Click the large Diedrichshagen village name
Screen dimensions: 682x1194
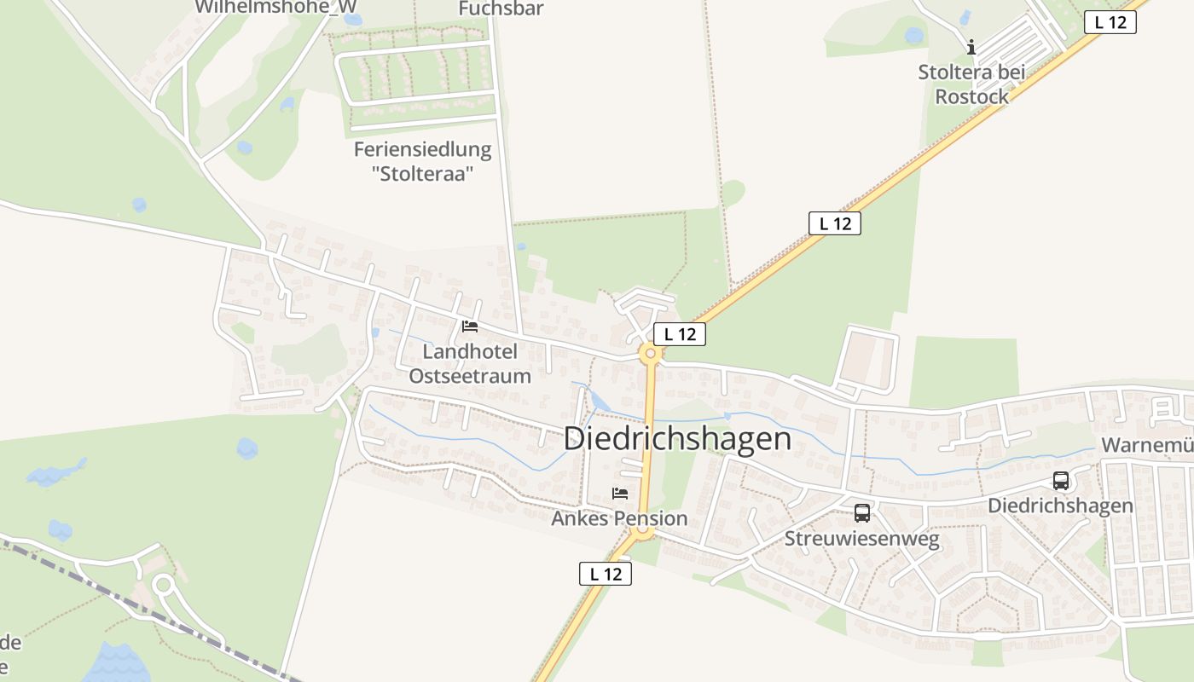677,438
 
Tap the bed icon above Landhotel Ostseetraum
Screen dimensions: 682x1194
469,326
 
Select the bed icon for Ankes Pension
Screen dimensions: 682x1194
620,493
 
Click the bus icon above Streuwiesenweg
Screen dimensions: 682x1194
862,513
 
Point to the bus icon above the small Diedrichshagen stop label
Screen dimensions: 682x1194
1060,481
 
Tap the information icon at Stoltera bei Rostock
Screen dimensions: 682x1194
971,47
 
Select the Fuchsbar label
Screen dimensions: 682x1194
501,9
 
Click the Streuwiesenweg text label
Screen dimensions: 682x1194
861,539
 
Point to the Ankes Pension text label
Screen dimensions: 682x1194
619,518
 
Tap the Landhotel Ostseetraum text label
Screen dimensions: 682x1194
470,363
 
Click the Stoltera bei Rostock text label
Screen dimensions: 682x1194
971,84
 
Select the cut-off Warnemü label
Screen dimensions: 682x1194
1147,445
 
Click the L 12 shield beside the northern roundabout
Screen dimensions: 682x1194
680,334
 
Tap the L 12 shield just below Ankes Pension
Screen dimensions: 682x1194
606,574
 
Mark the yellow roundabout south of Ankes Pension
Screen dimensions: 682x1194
644,532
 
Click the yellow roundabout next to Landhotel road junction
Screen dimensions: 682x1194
651,353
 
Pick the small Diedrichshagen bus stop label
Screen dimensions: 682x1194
1060,506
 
